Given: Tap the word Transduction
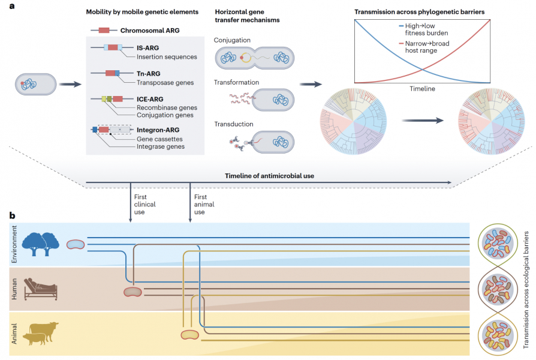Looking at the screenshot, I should [234, 124].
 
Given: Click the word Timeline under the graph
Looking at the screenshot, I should [423, 89].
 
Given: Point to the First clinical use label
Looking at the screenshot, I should [144, 205].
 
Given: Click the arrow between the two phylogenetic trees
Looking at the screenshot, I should [423, 120].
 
